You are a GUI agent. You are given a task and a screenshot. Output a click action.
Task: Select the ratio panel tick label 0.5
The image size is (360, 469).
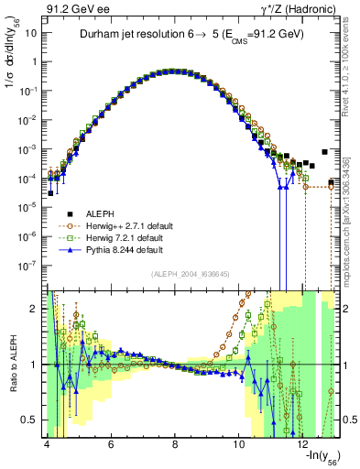[29, 420]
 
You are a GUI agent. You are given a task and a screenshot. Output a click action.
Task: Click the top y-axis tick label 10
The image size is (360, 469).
[31, 33]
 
